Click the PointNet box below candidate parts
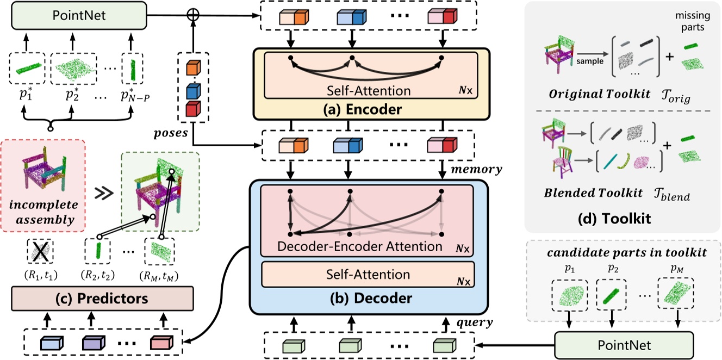[x=625, y=345]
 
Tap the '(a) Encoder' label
[x=371, y=109]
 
